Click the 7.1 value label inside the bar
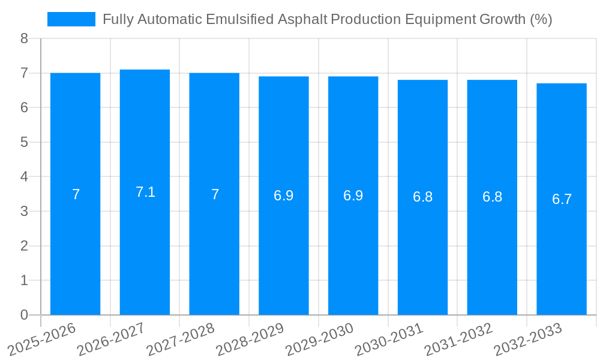tap(145, 192)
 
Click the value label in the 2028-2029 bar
tap(284, 196)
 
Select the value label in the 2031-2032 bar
tap(492, 197)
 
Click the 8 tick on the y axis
tap(24, 38)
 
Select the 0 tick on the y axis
tap(24, 315)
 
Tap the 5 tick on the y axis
tap(24, 142)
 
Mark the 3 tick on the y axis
tap(24, 211)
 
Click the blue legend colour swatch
tap(71, 19)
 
